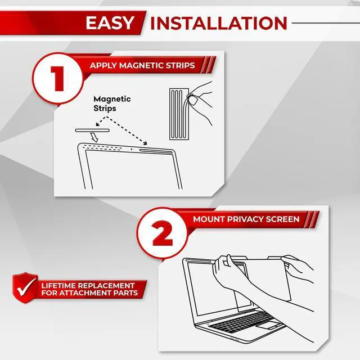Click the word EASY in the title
pyautogui.click(x=110, y=23)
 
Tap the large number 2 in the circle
pyautogui.click(x=163, y=235)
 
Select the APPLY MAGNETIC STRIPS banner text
pyautogui.click(x=142, y=65)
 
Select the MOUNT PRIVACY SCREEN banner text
pyautogui.click(x=246, y=219)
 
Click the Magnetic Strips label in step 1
pyautogui.click(x=112, y=103)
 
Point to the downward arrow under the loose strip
pyautogui.click(x=96, y=138)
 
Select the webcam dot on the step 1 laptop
pyautogui.click(x=132, y=150)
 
